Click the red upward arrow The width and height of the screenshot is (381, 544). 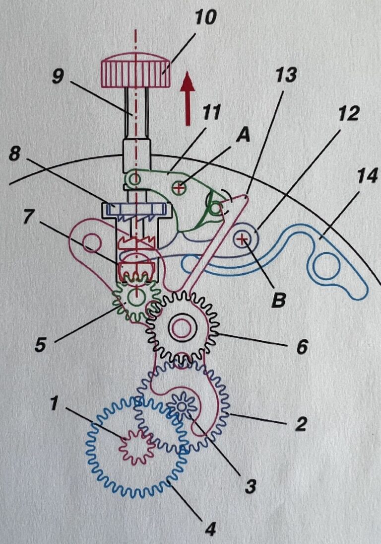[x=188, y=98]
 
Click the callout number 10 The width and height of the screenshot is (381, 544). [x=206, y=17]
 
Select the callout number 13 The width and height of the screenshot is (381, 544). [x=286, y=76]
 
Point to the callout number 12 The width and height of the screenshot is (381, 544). [x=349, y=113]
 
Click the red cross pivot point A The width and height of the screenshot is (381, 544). [x=179, y=188]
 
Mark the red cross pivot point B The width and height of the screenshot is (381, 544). [x=242, y=238]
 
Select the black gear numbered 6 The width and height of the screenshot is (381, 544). [x=183, y=327]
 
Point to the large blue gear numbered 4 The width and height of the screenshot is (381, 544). [x=137, y=448]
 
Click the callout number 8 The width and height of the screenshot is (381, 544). [x=14, y=154]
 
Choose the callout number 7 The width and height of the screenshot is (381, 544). [x=29, y=217]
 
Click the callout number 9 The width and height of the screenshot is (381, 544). [x=58, y=76]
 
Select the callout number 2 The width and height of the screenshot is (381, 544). [x=301, y=424]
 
